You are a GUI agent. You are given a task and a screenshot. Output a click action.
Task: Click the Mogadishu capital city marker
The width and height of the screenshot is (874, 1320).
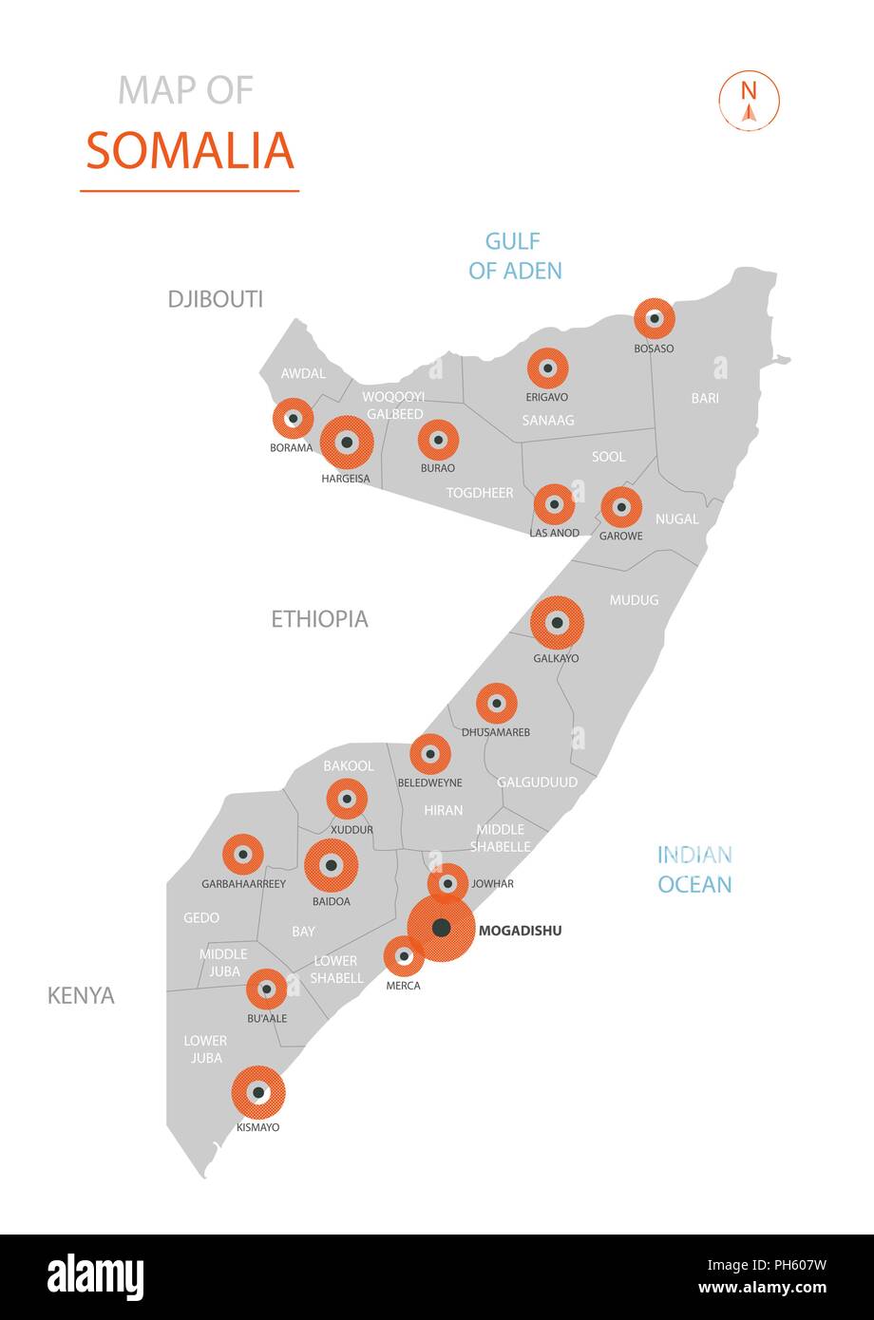tap(441, 929)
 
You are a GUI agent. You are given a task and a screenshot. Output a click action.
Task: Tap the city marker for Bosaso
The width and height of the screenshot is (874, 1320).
tap(654, 319)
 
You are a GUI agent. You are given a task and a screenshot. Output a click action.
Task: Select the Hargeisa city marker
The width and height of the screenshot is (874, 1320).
tap(347, 443)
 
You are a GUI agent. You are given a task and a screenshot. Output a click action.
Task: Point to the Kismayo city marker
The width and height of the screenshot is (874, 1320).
tap(258, 1092)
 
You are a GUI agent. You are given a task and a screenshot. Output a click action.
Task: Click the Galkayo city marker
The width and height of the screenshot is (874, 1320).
tap(557, 623)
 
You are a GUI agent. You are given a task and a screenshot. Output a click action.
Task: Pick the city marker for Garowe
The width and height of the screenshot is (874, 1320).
tap(621, 507)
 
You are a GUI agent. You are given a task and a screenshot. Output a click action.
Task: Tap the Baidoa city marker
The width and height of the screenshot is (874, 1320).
tap(331, 865)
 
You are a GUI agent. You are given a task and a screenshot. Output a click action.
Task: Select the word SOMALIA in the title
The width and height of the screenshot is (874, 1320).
tap(190, 150)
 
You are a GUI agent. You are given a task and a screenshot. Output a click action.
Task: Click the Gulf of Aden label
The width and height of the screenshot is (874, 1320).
tap(515, 255)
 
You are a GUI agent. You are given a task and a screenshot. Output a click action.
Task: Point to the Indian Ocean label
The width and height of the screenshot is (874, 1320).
tap(694, 870)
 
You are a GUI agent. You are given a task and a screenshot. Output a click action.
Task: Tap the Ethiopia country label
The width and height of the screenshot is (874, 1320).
tap(319, 619)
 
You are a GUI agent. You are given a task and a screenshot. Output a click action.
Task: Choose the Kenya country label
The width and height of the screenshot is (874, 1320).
tap(81, 995)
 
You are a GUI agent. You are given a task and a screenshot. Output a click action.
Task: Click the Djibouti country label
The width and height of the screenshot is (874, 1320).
tap(215, 299)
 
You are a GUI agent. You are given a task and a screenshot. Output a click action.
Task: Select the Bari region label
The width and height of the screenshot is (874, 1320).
tap(705, 398)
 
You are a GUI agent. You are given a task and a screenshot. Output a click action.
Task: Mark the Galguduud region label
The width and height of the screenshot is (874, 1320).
tap(537, 783)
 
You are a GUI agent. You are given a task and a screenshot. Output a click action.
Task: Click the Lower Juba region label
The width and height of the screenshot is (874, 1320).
tap(204, 1049)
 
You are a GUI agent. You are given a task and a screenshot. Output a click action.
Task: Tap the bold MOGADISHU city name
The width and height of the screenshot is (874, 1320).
tap(520, 931)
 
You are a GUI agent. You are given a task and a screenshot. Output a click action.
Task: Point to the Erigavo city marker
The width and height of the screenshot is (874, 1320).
tap(547, 368)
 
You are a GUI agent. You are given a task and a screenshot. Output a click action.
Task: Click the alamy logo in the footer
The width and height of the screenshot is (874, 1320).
tap(96, 1276)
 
